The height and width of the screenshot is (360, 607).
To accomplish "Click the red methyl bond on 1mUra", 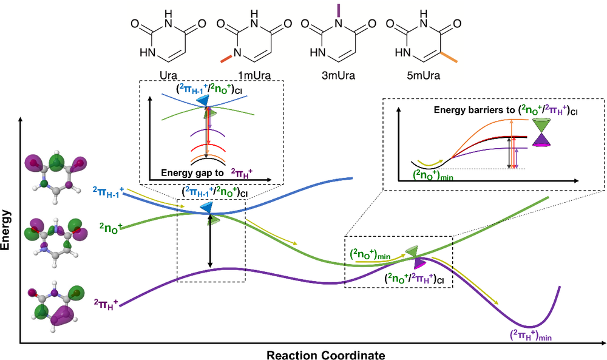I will pyautogui.click(x=225, y=58).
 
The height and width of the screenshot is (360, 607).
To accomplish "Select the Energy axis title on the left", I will pyautogui.click(x=7, y=231).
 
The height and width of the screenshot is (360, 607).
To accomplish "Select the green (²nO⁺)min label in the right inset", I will pyautogui.click(x=435, y=174).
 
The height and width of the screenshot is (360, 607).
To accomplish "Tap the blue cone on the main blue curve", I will pyautogui.click(x=207, y=208).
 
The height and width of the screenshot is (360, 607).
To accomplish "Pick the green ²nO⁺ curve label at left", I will pyautogui.click(x=111, y=229).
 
